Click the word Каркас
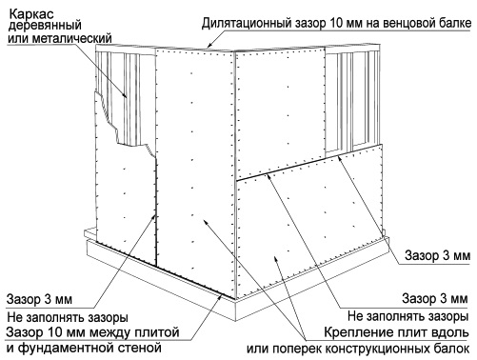[x=31, y=14]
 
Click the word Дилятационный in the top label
[x=247, y=23]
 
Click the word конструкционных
[x=376, y=349]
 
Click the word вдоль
[x=450, y=332]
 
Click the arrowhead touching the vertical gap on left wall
[x=154, y=217]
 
